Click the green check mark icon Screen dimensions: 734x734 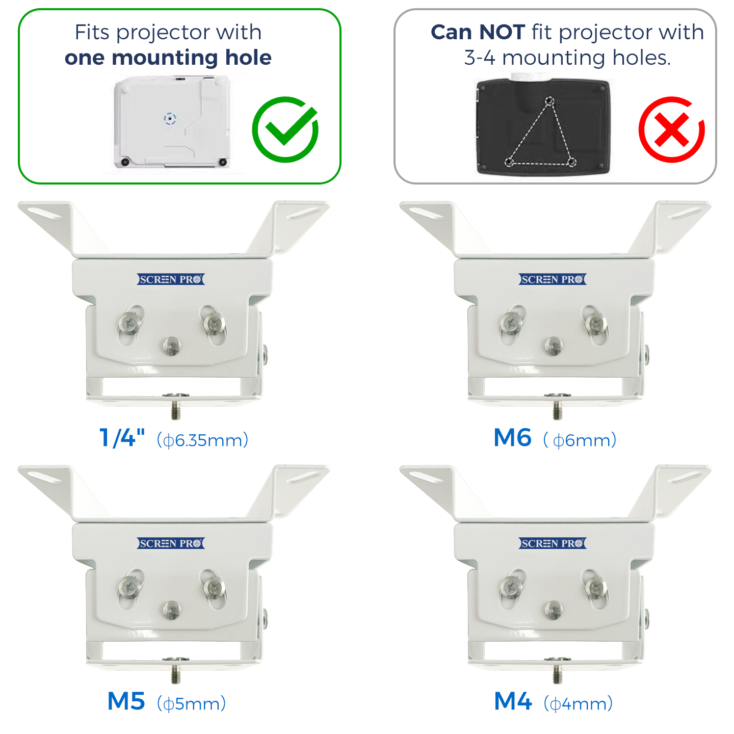(x=285, y=129)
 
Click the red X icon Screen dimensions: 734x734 (x=671, y=129)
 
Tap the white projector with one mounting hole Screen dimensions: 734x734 (x=172, y=122)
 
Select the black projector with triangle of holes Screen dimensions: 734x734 (x=543, y=126)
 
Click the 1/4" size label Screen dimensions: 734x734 (x=122, y=437)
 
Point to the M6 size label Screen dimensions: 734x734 (x=513, y=437)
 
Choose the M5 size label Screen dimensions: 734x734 (x=126, y=701)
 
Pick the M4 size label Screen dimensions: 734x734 (x=513, y=701)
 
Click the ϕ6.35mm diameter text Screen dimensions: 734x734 (x=202, y=439)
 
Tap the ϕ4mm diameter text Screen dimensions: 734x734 (x=578, y=703)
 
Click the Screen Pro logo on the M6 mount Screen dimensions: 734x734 (x=553, y=279)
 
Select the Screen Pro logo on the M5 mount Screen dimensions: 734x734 (x=171, y=543)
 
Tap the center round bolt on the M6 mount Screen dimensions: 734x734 (x=553, y=346)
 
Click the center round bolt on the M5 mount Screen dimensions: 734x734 (x=171, y=610)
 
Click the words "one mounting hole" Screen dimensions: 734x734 (x=168, y=58)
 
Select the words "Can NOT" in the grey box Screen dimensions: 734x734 (x=478, y=32)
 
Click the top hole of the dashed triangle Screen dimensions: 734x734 (x=549, y=101)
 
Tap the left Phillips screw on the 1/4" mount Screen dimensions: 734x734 (x=130, y=322)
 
